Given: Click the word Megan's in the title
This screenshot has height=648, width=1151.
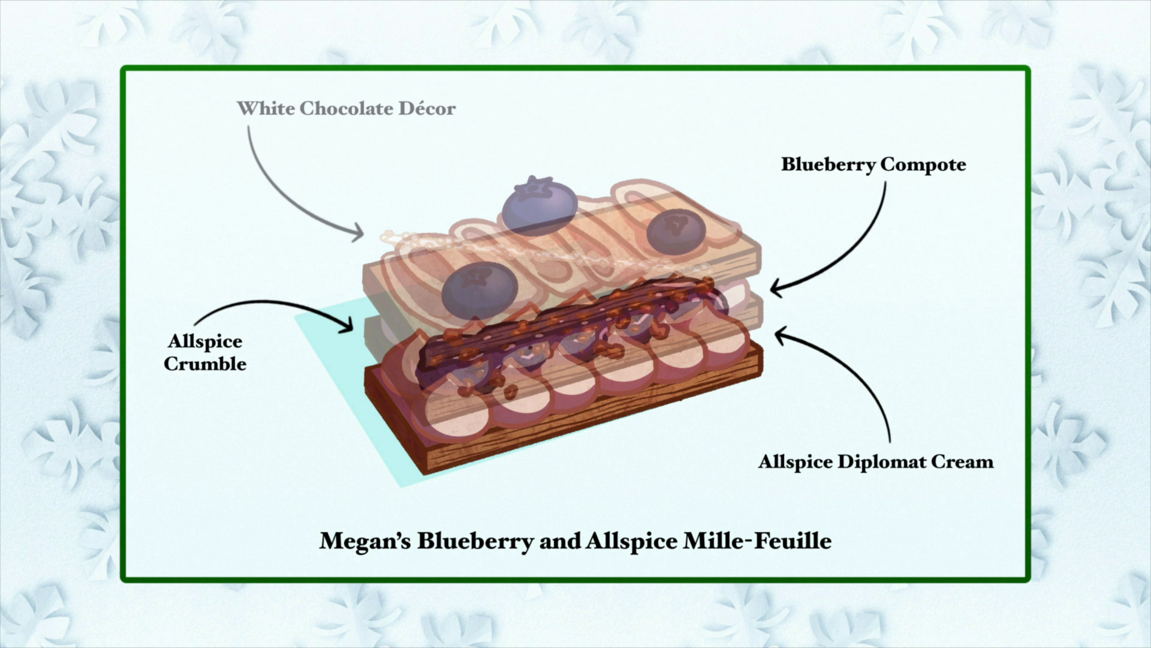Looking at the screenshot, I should tap(364, 541).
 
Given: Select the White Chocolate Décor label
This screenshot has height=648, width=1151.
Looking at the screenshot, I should tap(346, 109).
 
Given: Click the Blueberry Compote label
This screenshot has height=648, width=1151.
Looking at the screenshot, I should tap(873, 164).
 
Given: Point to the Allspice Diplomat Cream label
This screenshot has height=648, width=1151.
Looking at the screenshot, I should tap(875, 462).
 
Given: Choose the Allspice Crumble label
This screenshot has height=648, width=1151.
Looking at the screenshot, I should tap(205, 352).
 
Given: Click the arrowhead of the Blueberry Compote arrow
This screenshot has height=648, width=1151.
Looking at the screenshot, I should tap(774, 289).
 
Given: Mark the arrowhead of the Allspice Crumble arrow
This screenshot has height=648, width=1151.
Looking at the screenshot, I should tap(349, 327).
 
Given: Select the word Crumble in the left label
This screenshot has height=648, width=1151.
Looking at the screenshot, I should tap(205, 364).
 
